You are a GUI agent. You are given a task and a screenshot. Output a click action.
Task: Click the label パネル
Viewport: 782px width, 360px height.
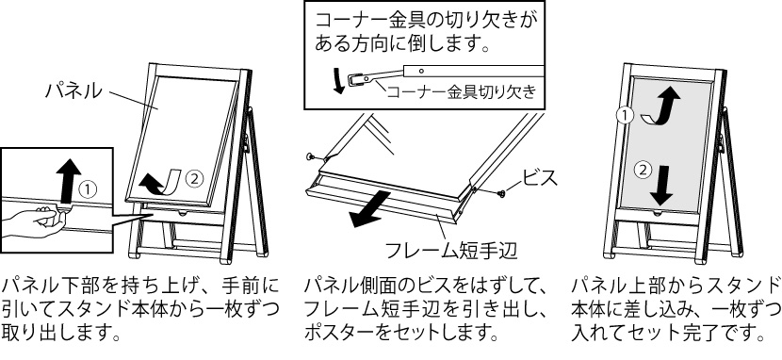pyautogui.click(x=74, y=90)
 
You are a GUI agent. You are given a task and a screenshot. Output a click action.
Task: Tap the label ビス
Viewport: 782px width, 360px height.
pyautogui.click(x=539, y=177)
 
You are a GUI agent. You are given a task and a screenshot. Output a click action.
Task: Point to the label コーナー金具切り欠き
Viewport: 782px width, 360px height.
pyautogui.click(x=462, y=91)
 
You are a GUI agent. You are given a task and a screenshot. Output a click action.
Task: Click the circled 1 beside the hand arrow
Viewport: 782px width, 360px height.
pyautogui.click(x=88, y=189)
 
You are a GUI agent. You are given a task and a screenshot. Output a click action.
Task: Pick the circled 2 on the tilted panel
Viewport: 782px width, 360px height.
pyautogui.click(x=193, y=177)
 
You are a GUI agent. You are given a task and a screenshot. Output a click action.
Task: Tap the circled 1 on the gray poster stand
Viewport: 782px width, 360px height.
pyautogui.click(x=624, y=116)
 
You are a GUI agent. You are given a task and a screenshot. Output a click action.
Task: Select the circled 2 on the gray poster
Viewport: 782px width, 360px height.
pyautogui.click(x=643, y=170)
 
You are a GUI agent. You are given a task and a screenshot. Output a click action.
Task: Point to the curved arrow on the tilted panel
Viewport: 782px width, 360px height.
pyautogui.click(x=162, y=182)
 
